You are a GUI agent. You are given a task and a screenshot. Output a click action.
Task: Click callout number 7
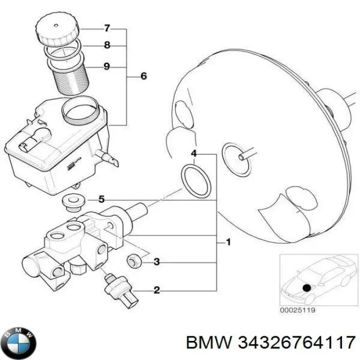click(x=107, y=28)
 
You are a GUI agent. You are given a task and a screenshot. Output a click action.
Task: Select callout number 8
click(x=107, y=45)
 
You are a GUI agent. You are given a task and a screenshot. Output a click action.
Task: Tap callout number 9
click(x=107, y=66)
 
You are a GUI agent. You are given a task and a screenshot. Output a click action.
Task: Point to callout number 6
click(x=143, y=77)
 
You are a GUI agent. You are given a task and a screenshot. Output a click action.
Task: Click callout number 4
click(x=194, y=153)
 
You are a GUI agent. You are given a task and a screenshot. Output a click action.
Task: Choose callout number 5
click(x=101, y=199)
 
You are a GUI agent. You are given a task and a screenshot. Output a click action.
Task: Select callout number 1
click(x=228, y=242)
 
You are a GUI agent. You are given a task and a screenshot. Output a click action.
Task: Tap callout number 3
click(x=157, y=262)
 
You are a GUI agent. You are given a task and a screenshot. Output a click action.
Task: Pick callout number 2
click(x=157, y=291)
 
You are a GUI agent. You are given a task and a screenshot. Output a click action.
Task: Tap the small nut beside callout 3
click(x=135, y=261)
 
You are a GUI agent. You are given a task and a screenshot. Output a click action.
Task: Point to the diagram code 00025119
click(x=297, y=310)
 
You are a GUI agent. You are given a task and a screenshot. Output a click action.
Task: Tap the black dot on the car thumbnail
click(x=307, y=288)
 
